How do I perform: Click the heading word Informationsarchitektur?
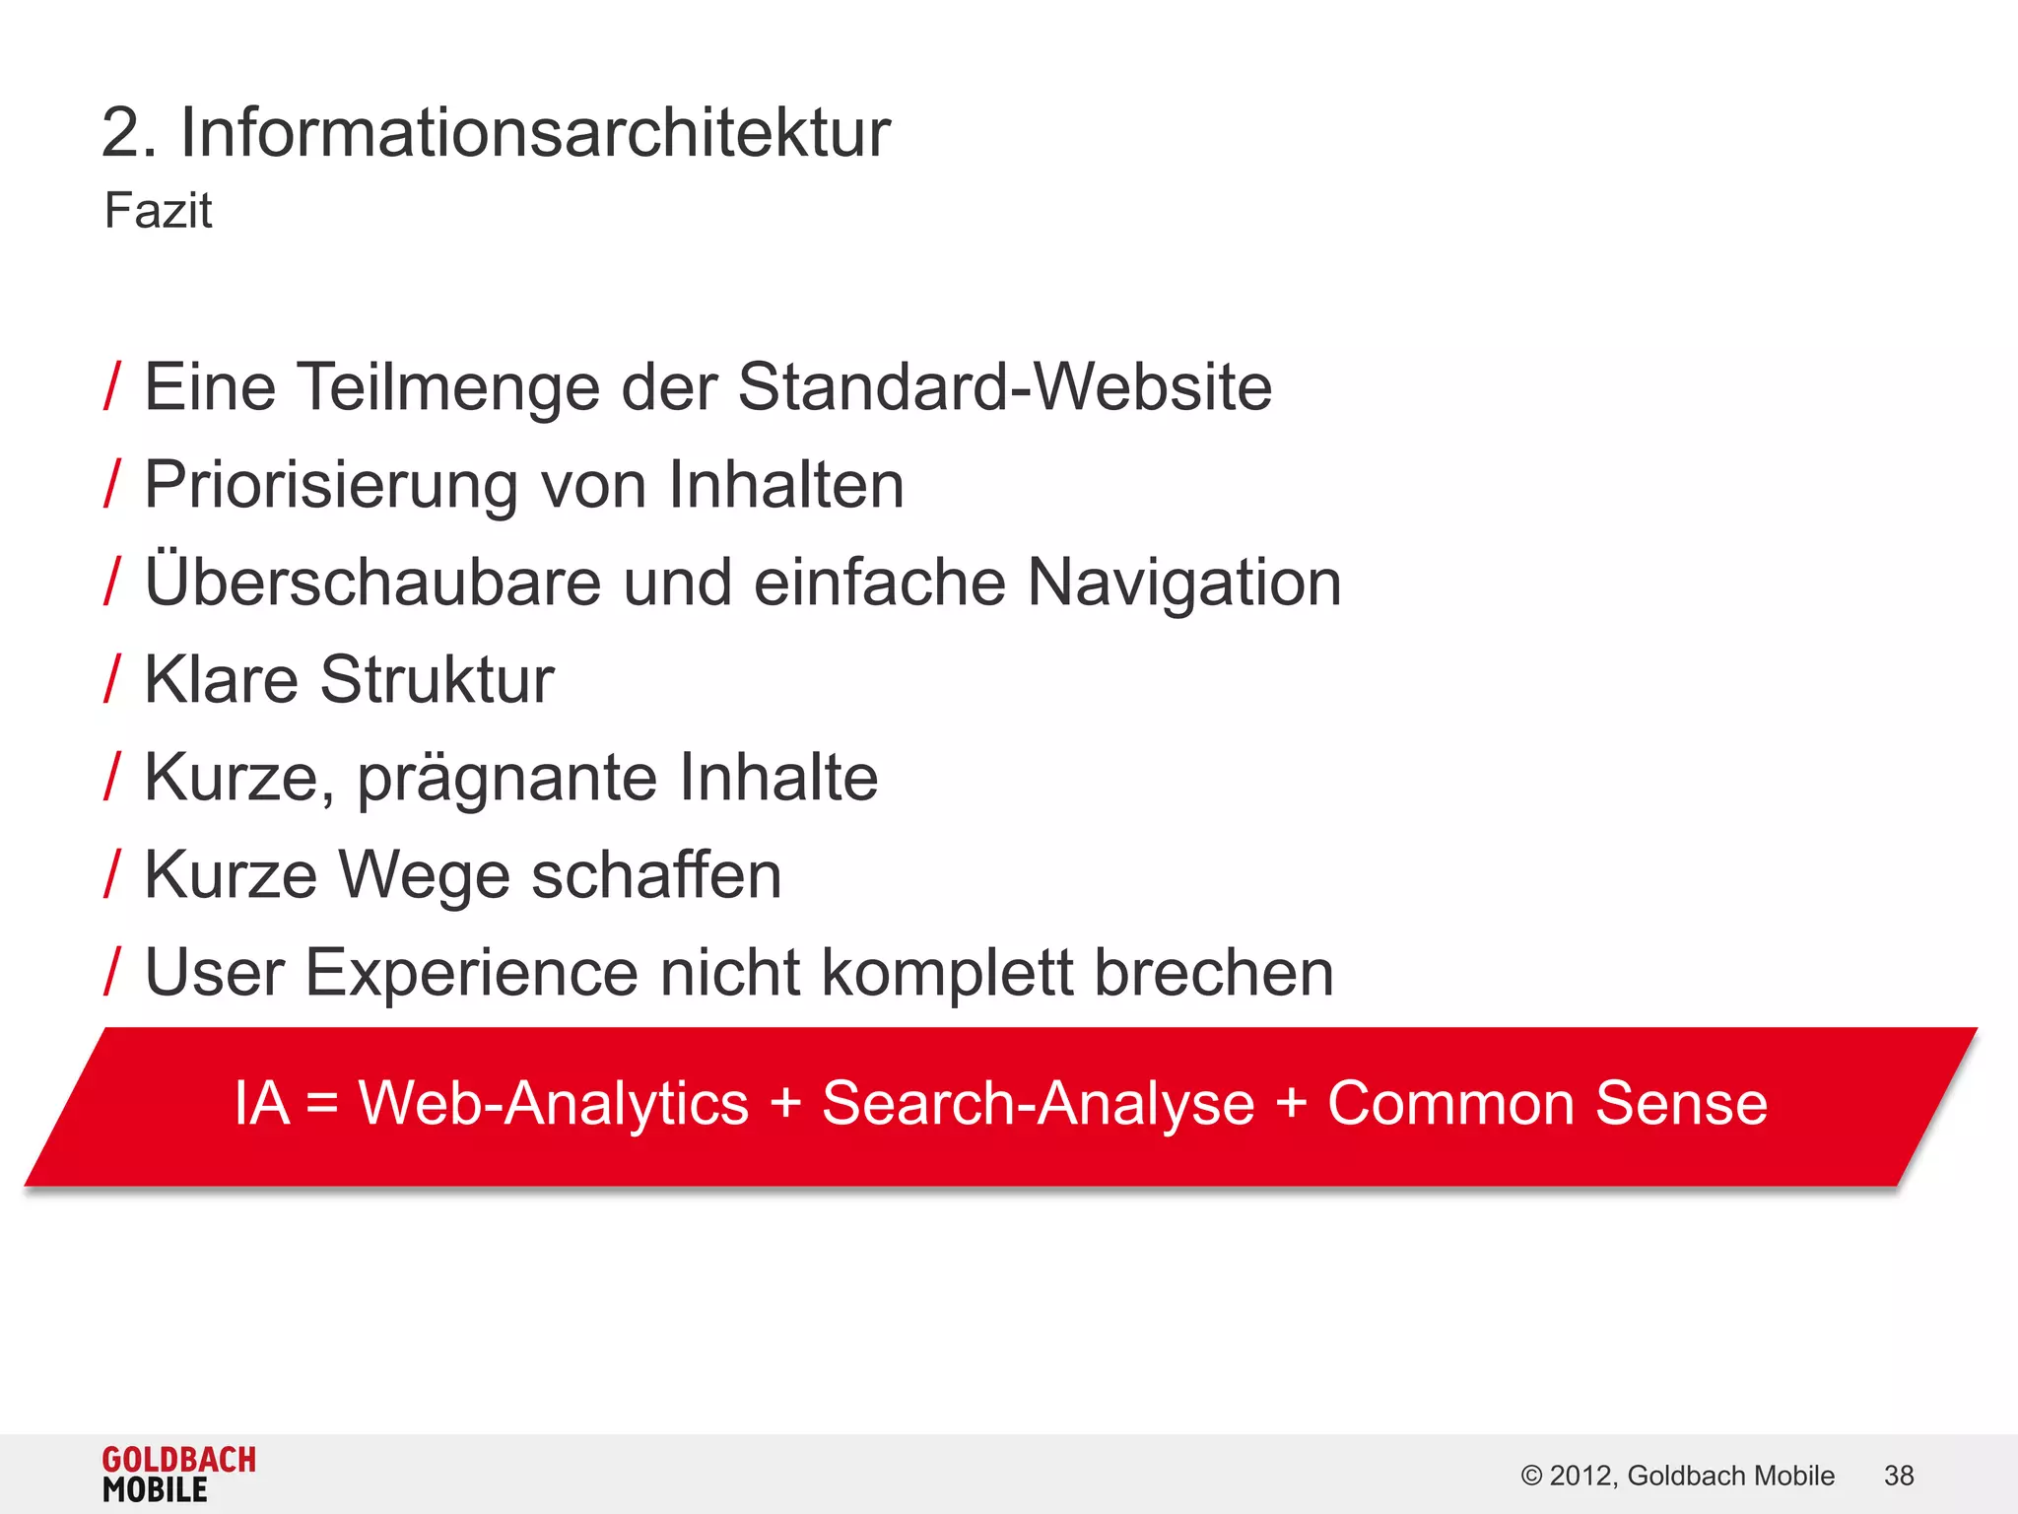point(535,133)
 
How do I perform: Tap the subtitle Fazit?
point(158,211)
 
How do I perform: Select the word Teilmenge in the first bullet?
point(448,387)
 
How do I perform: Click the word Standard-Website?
point(1004,386)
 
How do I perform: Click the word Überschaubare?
point(372,582)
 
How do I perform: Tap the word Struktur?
point(437,680)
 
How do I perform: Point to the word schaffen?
point(656,875)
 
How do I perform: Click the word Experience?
point(472,974)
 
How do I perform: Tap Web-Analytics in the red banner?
point(553,1103)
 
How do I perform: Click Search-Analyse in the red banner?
point(1038,1103)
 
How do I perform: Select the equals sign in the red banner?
point(322,1104)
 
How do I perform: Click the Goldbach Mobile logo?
point(178,1475)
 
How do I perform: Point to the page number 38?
point(1898,1476)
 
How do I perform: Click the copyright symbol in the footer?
point(1531,1476)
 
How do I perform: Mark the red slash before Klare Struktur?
point(112,679)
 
